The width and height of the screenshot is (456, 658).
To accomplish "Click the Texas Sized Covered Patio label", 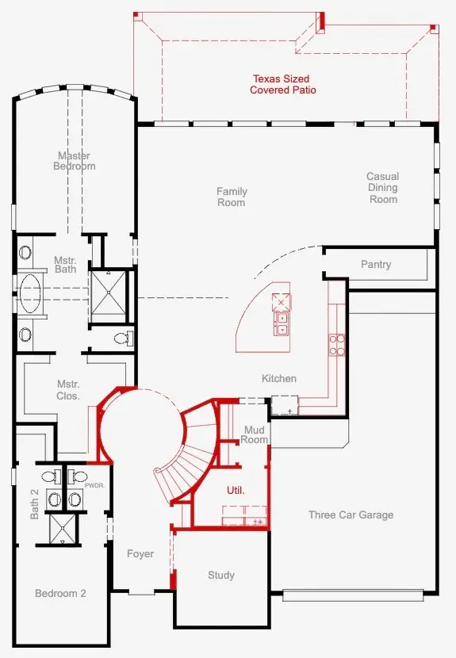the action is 282,84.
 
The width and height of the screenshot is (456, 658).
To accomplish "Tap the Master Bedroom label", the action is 75,161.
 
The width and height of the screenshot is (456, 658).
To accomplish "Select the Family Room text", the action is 232,197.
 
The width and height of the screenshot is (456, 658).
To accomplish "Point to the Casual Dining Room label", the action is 382,188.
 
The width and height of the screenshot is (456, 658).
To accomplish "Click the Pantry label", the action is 376,264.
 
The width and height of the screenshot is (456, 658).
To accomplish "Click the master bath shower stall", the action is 109,293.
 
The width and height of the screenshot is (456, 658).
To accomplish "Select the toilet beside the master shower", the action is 124,339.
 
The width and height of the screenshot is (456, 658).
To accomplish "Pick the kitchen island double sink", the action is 282,324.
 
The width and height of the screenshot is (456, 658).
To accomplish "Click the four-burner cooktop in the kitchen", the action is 337,345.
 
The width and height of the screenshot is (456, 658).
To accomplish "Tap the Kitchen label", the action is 279,378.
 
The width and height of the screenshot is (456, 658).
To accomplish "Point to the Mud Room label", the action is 254,434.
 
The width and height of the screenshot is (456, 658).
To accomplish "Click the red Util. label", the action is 236,490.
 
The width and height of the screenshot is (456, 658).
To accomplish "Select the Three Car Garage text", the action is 351,515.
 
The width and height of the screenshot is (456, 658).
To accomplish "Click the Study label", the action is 220,575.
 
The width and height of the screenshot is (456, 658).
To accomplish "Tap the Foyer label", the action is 140,554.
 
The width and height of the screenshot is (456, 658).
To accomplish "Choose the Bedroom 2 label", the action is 60,593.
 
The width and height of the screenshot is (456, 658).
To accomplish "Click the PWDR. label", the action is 94,485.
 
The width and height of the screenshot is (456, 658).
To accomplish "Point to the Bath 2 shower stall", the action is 63,529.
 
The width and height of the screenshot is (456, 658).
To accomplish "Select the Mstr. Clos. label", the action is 68,390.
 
